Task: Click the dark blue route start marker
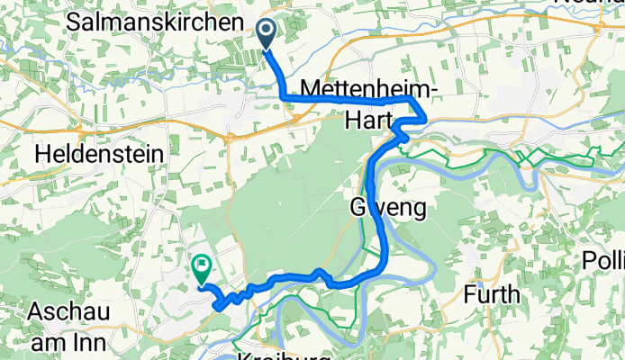(x=267, y=33)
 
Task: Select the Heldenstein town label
(x=99, y=154)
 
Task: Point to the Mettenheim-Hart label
(x=369, y=103)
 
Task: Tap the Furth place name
(x=492, y=293)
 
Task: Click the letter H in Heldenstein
(x=42, y=154)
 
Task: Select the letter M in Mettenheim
(x=311, y=90)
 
